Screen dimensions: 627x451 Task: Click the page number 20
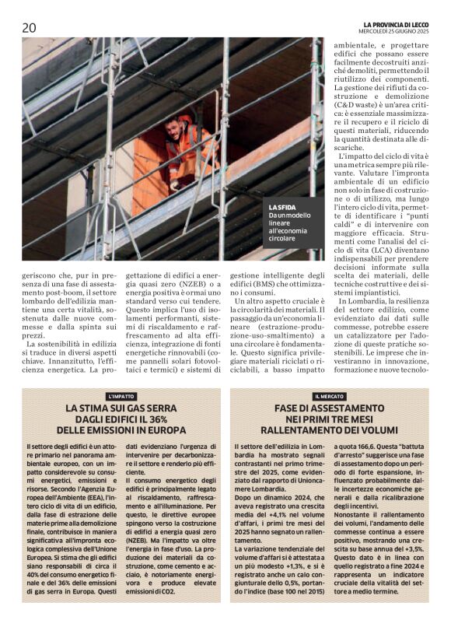(29, 26)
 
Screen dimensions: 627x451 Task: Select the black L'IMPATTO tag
(121, 396)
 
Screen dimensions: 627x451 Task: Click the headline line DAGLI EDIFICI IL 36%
(121, 419)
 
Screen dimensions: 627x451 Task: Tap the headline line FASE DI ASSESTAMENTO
(330, 408)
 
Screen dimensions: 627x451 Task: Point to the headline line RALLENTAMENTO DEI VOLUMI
(330, 429)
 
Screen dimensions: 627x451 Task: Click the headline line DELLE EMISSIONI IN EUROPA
(121, 429)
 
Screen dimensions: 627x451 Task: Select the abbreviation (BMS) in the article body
(251, 286)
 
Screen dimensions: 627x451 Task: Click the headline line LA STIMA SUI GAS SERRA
(121, 408)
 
